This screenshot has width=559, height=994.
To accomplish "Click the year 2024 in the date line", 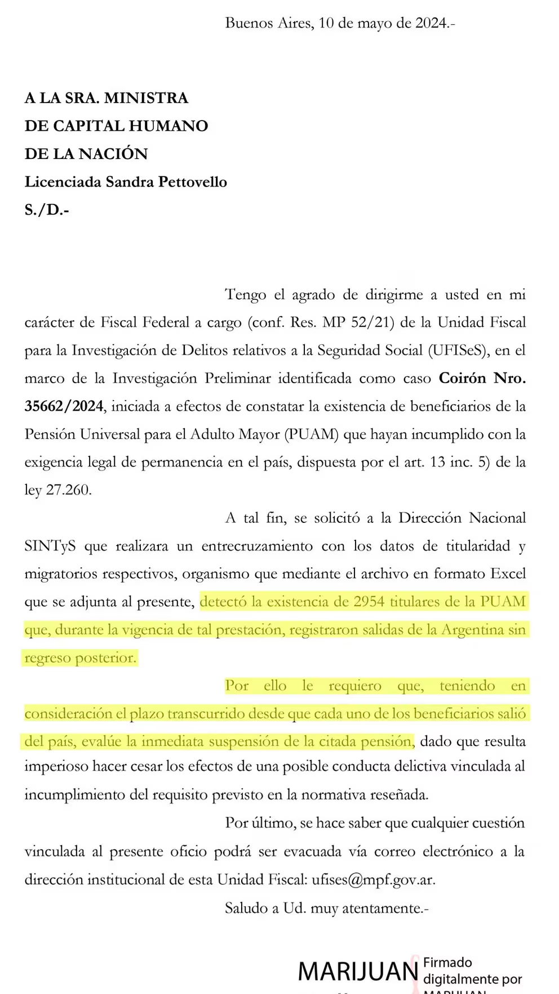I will coord(431,23).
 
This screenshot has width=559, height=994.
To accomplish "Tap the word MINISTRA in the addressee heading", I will coord(147,98).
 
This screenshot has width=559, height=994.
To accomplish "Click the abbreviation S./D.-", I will coord(47,210).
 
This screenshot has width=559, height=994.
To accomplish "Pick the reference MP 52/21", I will coord(357,322).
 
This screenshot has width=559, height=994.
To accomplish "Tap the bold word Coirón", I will coord(462,378).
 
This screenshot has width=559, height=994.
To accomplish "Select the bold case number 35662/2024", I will coord(64,406).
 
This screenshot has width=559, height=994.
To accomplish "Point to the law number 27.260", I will coord(68,490).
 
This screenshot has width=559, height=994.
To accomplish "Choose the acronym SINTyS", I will coord(50,546).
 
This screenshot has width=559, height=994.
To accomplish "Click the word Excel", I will coord(508,574).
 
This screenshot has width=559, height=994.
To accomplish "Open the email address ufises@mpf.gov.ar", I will coord(373,880).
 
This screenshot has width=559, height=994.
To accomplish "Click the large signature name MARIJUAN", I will coord(357,971).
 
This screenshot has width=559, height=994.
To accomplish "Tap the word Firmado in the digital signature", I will coord(447,962).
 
